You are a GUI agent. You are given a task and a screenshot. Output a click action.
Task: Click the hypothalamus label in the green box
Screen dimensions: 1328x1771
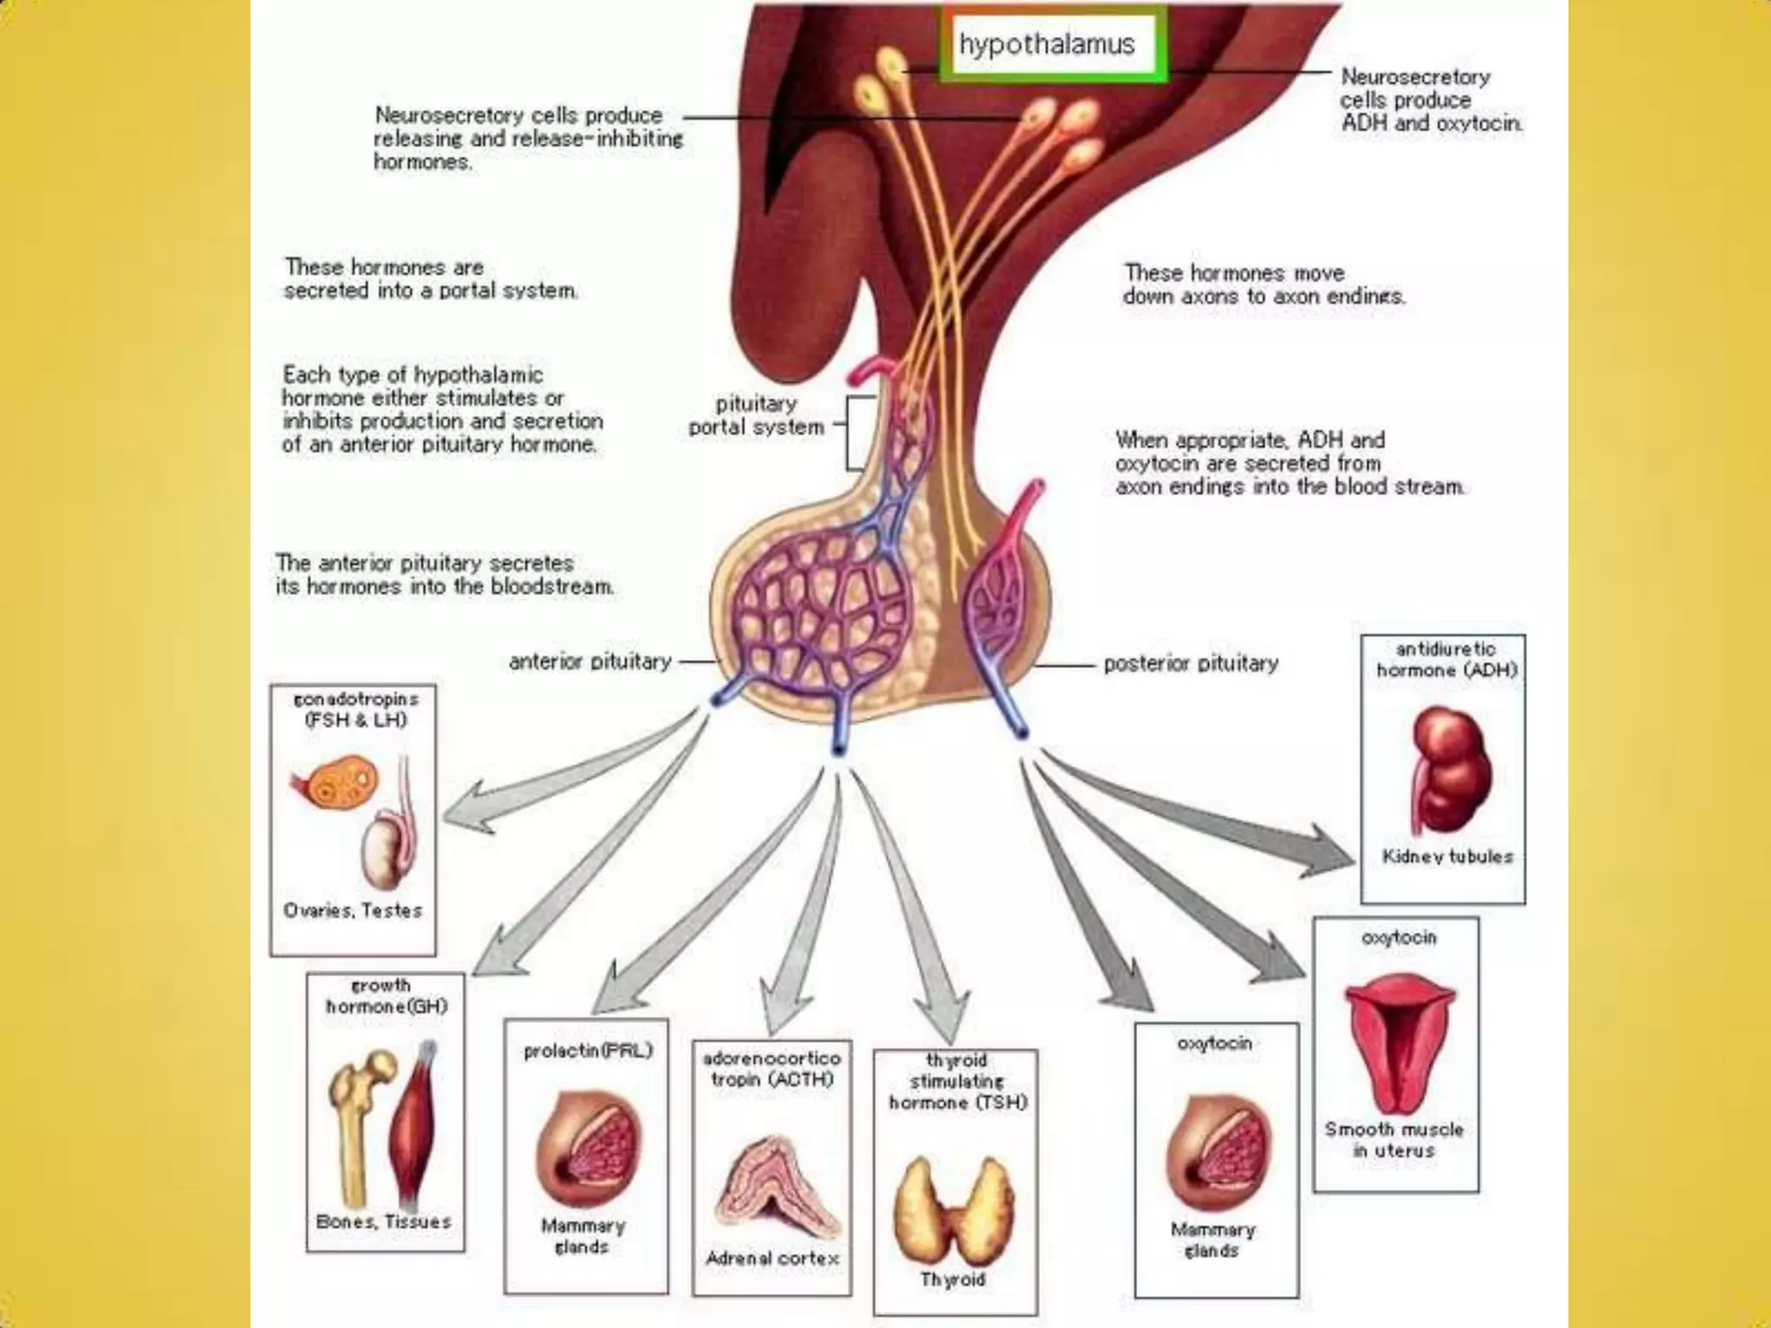point(1046,44)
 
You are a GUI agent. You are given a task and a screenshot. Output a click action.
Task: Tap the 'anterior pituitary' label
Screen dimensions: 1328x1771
point(590,662)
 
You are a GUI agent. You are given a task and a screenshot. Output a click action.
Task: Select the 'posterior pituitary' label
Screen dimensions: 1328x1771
point(1190,664)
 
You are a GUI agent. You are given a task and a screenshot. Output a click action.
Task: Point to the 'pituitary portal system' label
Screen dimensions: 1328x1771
point(756,416)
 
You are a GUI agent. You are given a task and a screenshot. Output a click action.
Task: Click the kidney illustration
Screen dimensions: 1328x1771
point(1450,770)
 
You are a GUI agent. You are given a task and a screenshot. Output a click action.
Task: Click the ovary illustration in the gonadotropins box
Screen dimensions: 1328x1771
point(336,783)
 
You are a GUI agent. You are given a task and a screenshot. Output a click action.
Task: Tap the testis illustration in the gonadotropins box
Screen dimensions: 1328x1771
point(383,852)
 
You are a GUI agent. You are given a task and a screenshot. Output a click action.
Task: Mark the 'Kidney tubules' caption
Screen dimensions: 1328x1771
point(1447,857)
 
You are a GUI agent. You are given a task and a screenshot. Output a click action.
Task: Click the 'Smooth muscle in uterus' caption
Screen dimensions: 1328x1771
point(1394,1140)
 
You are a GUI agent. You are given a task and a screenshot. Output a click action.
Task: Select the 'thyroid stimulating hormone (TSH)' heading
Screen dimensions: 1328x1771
point(957,1082)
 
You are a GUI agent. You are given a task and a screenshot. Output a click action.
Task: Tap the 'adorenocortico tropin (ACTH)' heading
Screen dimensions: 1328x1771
point(771,1069)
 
